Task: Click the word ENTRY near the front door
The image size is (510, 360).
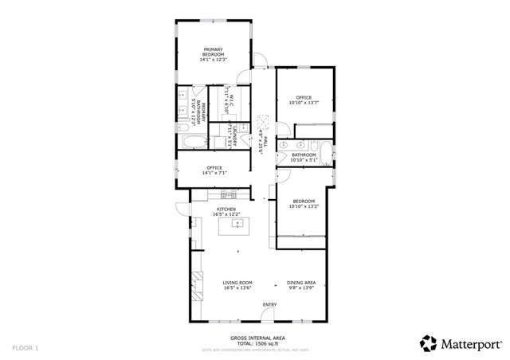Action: click(x=269, y=305)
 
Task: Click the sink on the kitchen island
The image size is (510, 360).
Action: click(x=236, y=225)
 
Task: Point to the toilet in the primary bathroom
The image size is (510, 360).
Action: click(x=182, y=126)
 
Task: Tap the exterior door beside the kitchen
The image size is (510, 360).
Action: click(x=183, y=212)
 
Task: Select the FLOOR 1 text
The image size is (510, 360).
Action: click(x=25, y=348)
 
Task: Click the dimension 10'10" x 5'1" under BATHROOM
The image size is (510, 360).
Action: click(x=304, y=160)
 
